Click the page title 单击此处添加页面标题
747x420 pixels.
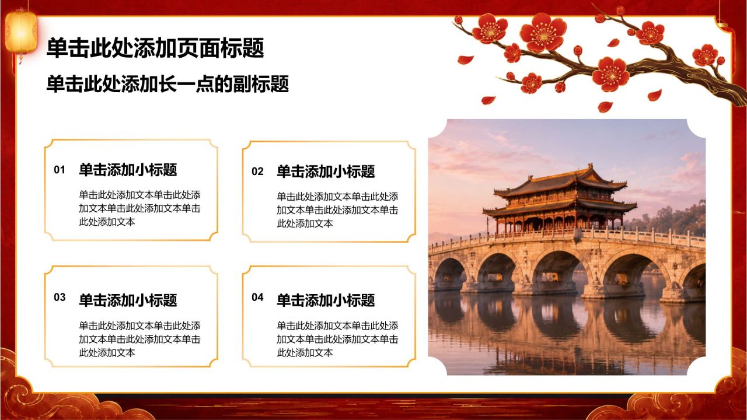(155, 48)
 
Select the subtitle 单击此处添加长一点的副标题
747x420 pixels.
(167, 83)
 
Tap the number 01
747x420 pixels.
(60, 170)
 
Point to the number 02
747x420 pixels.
(257, 171)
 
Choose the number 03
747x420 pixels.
(60, 297)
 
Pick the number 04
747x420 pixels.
(257, 297)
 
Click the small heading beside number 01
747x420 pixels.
(128, 170)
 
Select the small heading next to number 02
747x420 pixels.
(326, 171)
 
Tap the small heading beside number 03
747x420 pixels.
(128, 300)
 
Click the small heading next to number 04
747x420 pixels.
(326, 300)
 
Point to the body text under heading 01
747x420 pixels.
(139, 208)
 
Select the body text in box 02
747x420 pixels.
(337, 210)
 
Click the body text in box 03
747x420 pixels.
(139, 339)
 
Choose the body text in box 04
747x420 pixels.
(337, 339)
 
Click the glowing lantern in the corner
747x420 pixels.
(20, 33)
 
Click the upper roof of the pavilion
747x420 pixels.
(560, 182)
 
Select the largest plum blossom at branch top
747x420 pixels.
(543, 33)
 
